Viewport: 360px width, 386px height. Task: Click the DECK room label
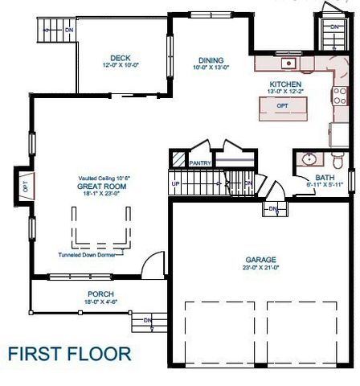(x=121, y=57)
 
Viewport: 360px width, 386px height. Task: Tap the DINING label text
(x=211, y=60)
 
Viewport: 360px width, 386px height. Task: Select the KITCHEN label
(x=285, y=84)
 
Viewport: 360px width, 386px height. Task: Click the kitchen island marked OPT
(x=282, y=106)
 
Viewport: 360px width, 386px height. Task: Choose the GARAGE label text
(x=260, y=260)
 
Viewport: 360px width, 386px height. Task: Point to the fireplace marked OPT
(x=24, y=186)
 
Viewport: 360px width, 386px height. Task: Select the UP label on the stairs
(x=176, y=183)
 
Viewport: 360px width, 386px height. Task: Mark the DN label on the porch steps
(x=147, y=321)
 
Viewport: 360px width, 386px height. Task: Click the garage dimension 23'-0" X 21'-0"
(x=260, y=269)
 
